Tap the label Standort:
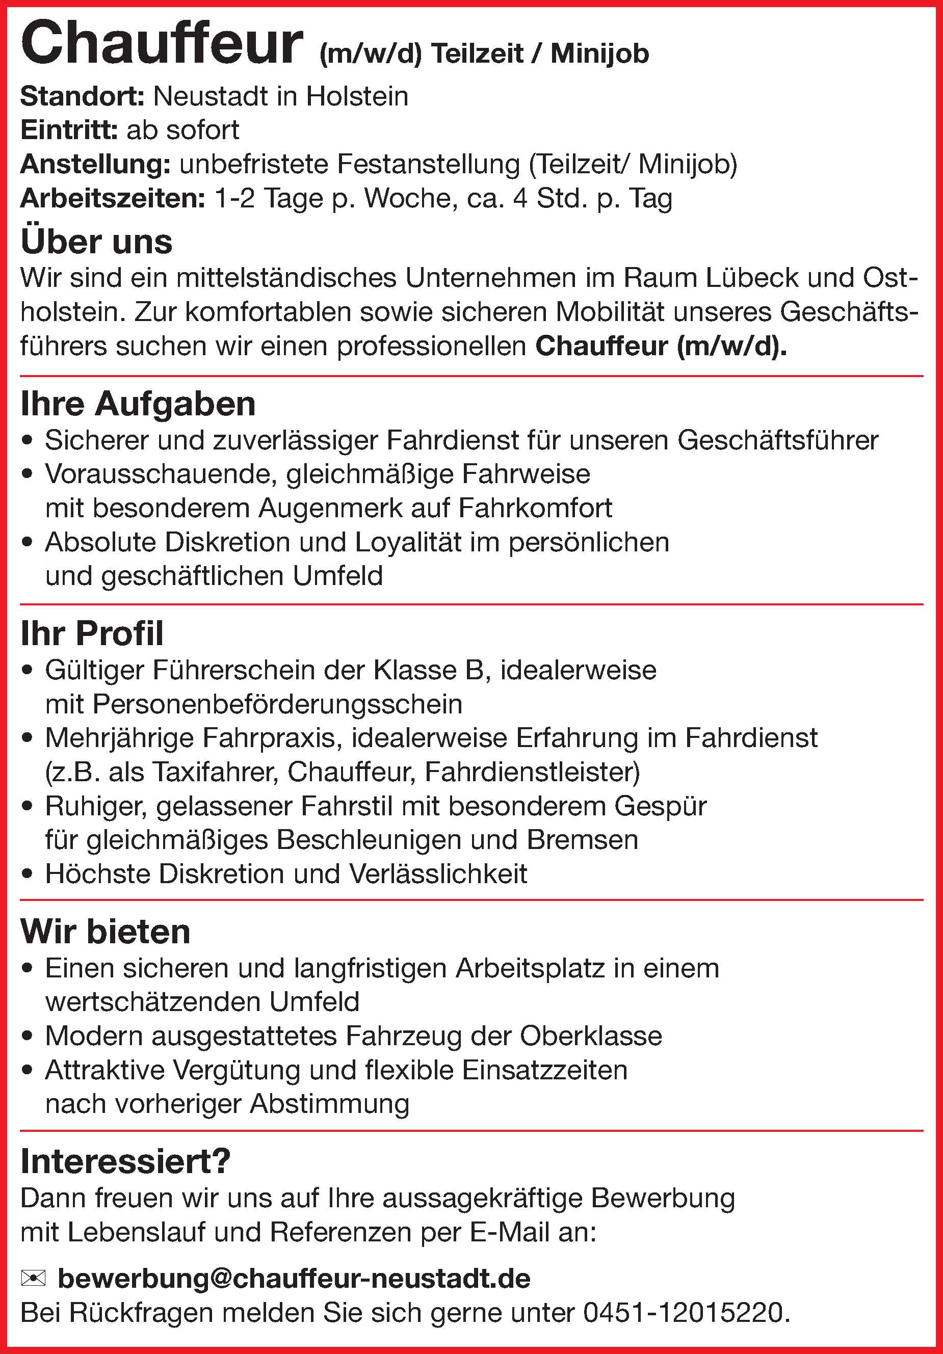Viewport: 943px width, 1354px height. coord(82,96)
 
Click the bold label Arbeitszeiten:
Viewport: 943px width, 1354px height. coord(113,199)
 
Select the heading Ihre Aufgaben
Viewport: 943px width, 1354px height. coord(138,404)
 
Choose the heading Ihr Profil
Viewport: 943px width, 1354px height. coord(92,633)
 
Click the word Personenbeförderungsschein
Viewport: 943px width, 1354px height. coord(277,704)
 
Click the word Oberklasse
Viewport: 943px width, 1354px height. coord(591,1036)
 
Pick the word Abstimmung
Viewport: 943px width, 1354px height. coord(330,1104)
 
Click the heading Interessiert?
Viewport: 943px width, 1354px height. coord(125,1162)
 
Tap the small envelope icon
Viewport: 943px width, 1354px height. coord(33,1279)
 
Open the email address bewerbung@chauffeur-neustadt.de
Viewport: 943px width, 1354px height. coord(294,1279)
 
